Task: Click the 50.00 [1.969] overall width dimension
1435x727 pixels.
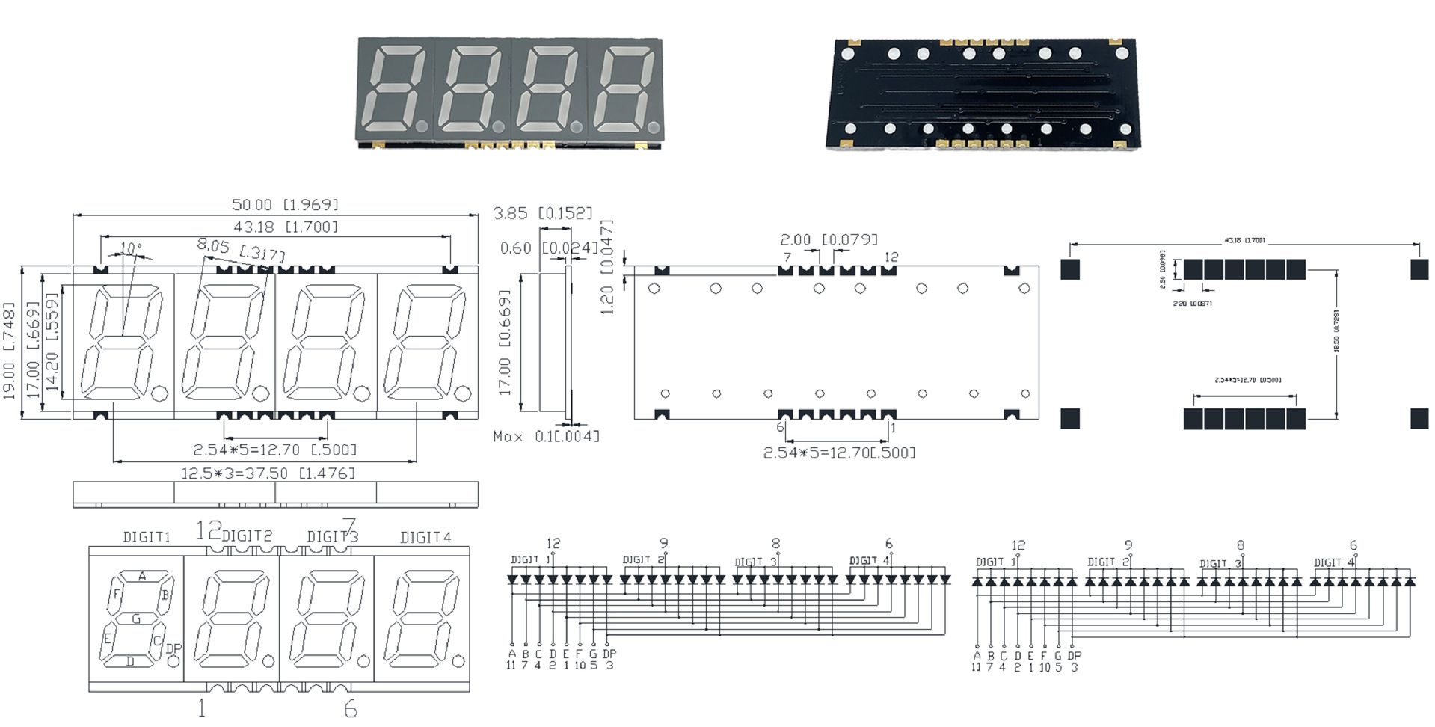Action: click(x=285, y=204)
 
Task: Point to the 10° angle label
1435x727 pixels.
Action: click(x=130, y=248)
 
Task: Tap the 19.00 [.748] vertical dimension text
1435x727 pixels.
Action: click(x=9, y=350)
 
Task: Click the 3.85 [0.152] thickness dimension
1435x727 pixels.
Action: click(x=543, y=213)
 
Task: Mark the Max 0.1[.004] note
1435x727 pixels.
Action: click(x=546, y=436)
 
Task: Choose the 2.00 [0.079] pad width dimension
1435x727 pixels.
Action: click(x=829, y=239)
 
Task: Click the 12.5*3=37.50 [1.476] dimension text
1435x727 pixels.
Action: click(x=268, y=473)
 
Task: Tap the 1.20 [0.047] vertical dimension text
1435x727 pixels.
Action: click(x=607, y=267)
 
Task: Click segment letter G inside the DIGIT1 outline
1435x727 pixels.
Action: click(x=136, y=619)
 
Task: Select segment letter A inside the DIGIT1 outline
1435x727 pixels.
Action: click(x=142, y=576)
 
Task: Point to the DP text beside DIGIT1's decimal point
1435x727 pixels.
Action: click(x=173, y=648)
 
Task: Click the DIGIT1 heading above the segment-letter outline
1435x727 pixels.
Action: click(x=147, y=537)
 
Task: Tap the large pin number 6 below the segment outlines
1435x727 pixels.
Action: click(x=350, y=708)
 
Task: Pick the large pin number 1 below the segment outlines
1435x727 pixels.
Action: click(x=201, y=708)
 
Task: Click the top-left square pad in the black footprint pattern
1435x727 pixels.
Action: click(x=1070, y=269)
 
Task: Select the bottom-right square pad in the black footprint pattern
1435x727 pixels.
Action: click(x=1419, y=418)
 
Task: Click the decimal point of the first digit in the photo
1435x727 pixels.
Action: click(x=422, y=126)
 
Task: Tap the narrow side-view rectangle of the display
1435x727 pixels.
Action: click(x=553, y=343)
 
